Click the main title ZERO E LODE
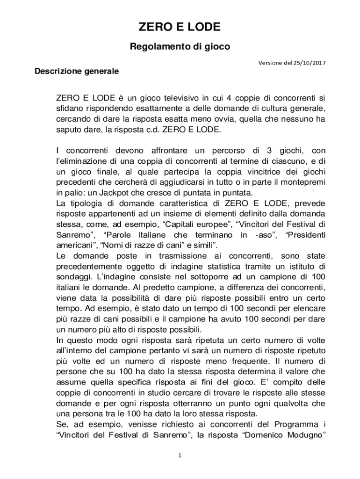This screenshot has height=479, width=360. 180,28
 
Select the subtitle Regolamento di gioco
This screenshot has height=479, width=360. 180,47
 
